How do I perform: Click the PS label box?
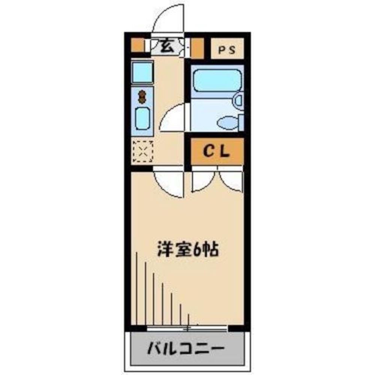tap(227, 49)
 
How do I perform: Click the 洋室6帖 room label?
tap(188, 250)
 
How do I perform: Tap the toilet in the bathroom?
tap(228, 122)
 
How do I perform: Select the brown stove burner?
tap(142, 97)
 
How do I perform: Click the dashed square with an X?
tap(143, 151)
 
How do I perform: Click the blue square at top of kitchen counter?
tap(142, 72)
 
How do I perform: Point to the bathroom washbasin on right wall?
tap(238, 100)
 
